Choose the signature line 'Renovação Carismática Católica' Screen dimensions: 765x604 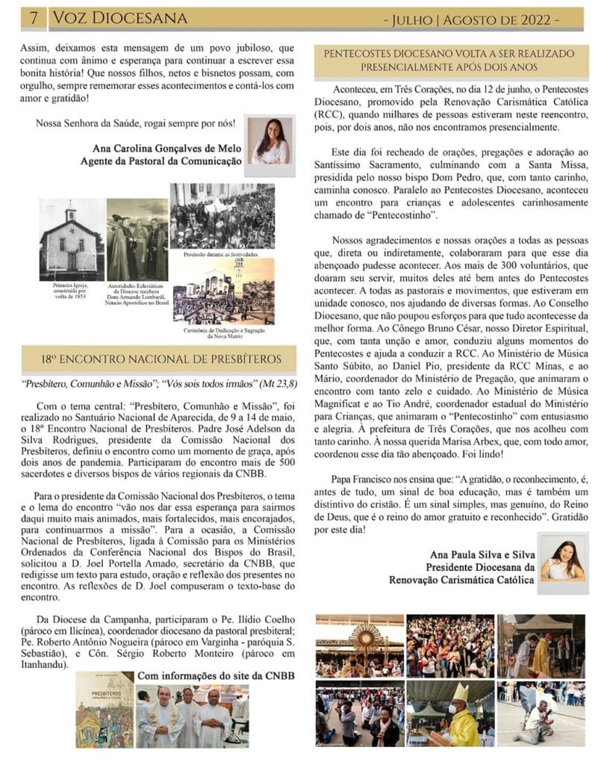point(461,579)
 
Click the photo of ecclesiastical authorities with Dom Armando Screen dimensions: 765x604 point(137,239)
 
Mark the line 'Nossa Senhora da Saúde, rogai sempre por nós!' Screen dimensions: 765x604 point(135,123)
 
